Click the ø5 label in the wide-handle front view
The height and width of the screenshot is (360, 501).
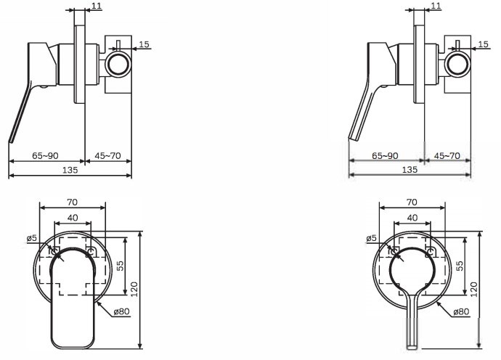[32, 237]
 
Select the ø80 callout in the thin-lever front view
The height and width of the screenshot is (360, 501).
[462, 312]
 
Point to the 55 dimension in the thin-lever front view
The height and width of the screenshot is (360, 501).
[460, 266]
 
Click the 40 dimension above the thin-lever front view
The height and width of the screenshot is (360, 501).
[412, 218]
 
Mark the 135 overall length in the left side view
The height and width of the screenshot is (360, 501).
[70, 170]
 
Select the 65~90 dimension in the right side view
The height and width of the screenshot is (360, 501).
[386, 156]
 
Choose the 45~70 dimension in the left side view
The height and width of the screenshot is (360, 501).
[108, 156]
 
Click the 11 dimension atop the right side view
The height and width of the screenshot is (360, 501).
[436, 6]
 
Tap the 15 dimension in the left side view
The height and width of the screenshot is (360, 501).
[144, 45]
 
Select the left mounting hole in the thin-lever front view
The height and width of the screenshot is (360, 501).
[394, 252]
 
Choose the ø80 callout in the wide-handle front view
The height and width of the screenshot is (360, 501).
[121, 312]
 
